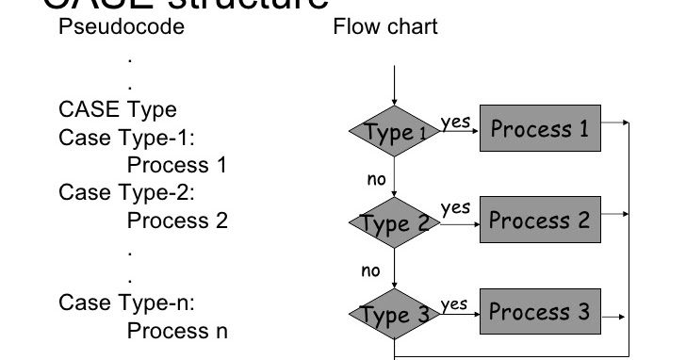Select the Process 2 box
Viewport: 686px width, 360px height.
537,220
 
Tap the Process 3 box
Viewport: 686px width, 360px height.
537,311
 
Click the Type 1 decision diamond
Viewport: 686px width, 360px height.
395,133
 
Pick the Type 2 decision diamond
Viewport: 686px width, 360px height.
395,223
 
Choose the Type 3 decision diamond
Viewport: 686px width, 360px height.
395,314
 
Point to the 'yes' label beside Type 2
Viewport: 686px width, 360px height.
455,207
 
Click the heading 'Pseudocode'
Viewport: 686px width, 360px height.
122,27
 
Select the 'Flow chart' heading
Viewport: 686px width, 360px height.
385,27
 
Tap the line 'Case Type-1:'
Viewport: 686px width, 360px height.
125,139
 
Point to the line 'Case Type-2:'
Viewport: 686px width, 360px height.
125,194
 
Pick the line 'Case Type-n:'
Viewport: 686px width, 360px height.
125,303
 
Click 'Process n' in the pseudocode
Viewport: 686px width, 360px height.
177,332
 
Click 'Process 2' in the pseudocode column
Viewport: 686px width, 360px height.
177,221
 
